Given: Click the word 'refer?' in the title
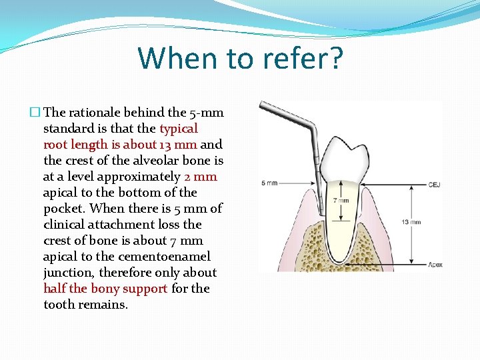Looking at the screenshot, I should click(293, 58).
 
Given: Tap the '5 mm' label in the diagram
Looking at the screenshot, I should click(269, 183).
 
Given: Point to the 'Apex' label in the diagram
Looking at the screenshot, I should click(435, 265).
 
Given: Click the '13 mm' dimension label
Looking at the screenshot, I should click(411, 222).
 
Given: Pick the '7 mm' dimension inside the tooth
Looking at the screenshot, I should click(341, 200).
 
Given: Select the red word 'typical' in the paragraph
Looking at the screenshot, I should click(178, 129).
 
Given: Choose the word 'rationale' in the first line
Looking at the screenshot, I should click(95, 113).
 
